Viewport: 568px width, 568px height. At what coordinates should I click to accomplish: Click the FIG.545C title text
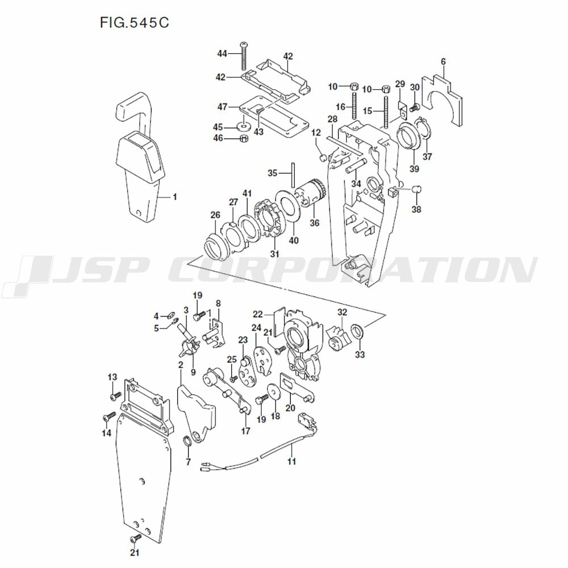(x=135, y=23)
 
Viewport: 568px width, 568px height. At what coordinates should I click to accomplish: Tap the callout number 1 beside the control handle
(x=174, y=197)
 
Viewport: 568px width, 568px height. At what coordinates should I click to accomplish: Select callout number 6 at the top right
(x=443, y=61)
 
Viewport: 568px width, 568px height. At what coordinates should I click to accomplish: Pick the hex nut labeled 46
(x=243, y=138)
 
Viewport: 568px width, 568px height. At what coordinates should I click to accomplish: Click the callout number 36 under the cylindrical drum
(x=314, y=223)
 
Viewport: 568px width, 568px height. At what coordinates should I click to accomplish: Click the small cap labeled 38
(x=416, y=188)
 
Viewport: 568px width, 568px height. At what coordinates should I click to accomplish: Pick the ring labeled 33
(x=358, y=331)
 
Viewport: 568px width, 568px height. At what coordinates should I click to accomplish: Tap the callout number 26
(x=215, y=215)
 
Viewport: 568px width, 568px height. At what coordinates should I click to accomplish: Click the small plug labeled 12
(x=322, y=157)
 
